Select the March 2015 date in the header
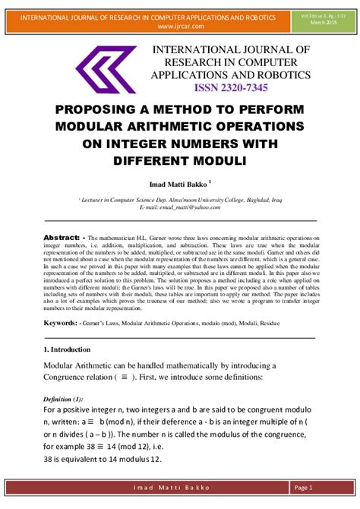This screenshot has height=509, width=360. click(323, 21)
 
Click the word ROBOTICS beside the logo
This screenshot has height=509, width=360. click(282, 75)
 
